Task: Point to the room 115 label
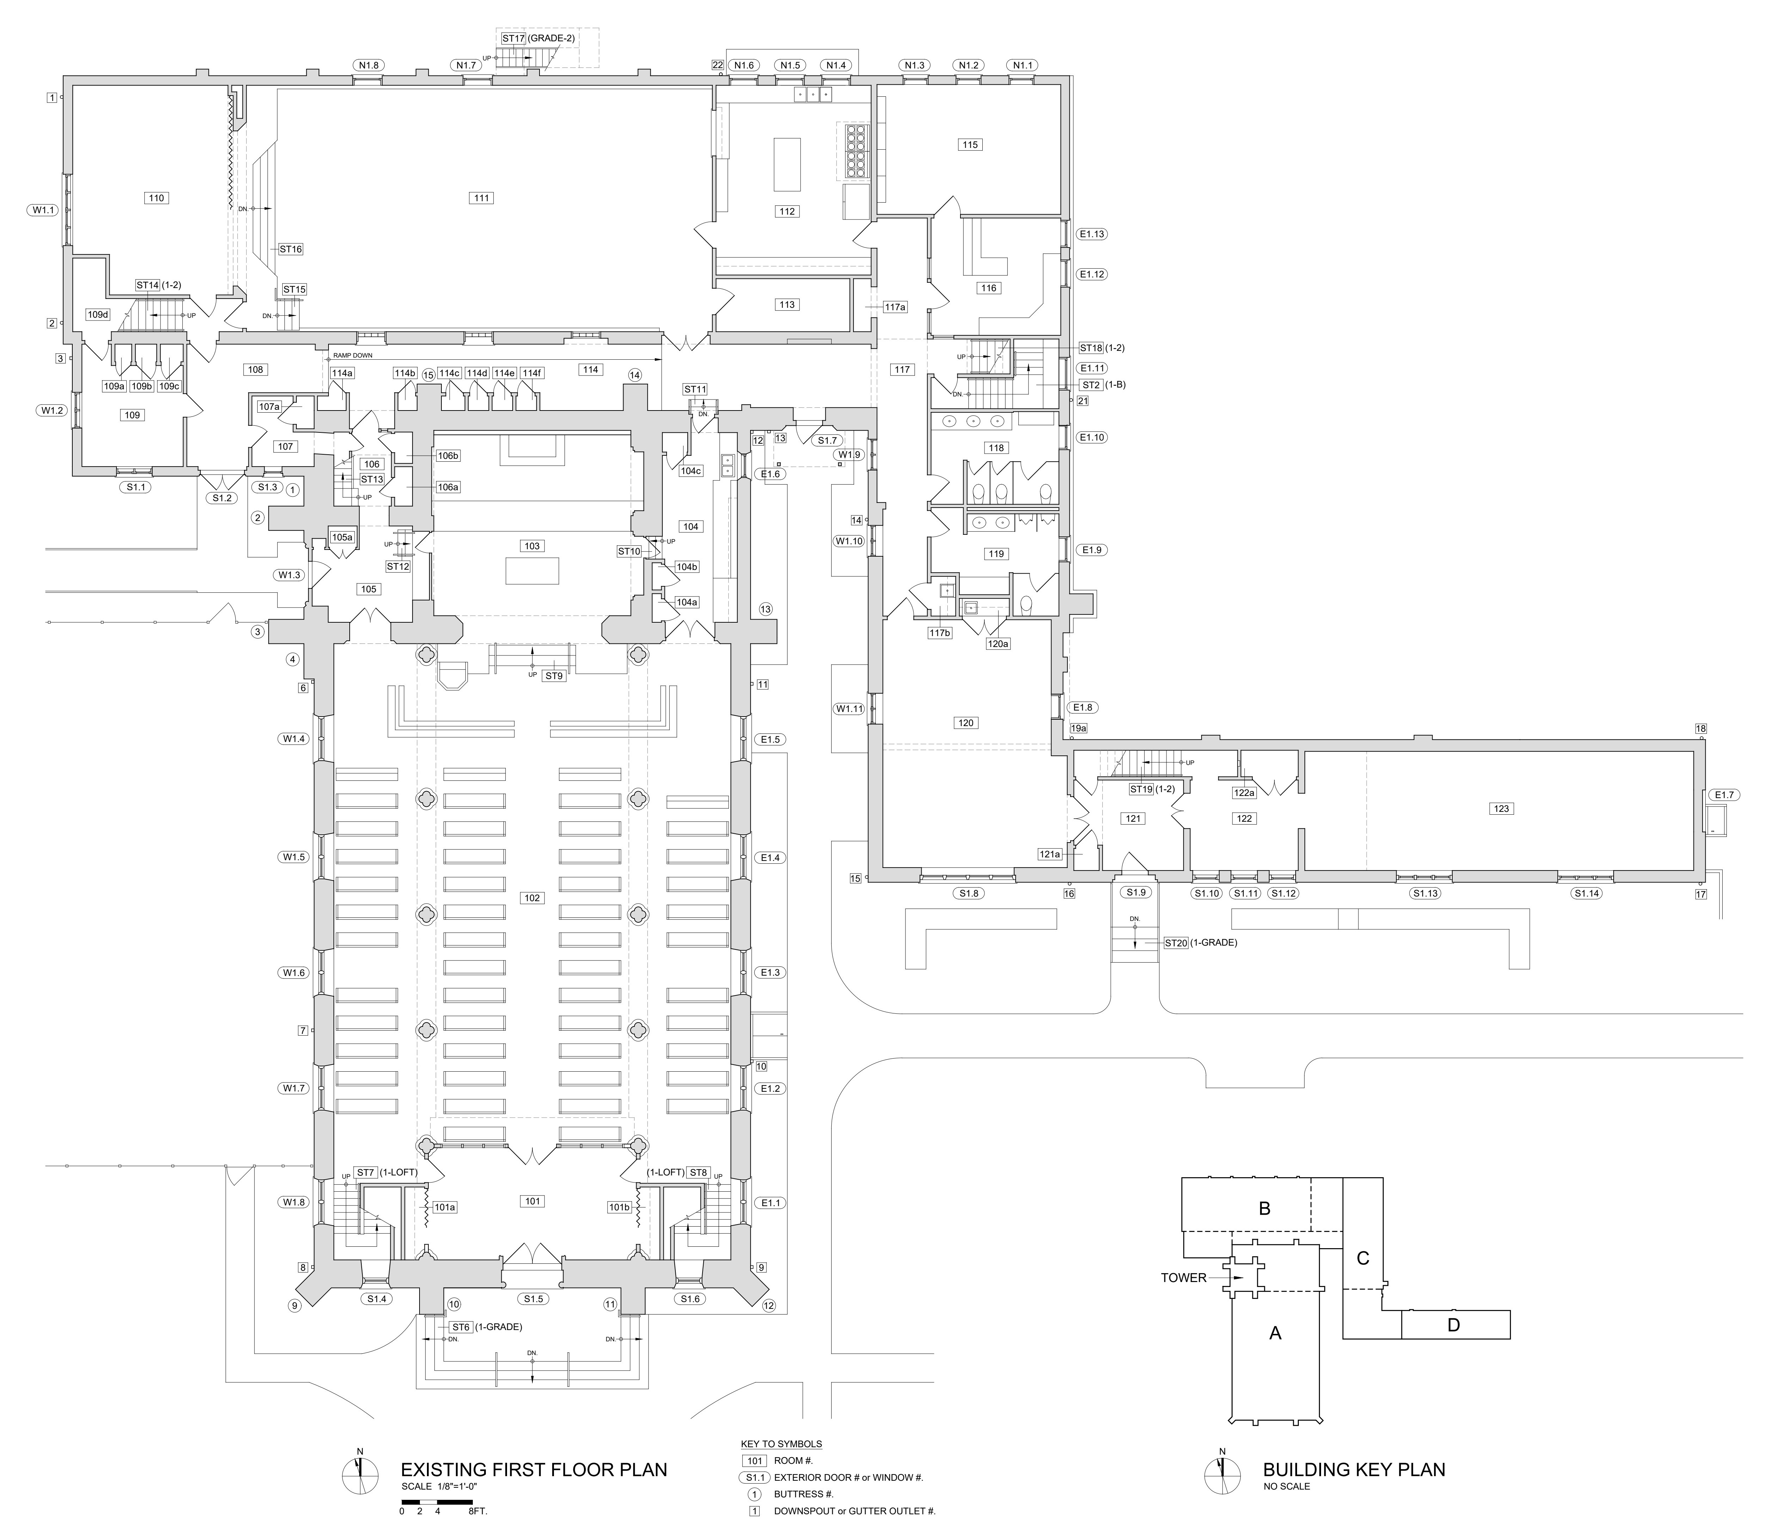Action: (970, 145)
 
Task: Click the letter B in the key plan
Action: (1265, 1208)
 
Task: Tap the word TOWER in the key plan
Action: (1184, 1277)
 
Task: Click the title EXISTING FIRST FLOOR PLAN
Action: (534, 1469)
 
